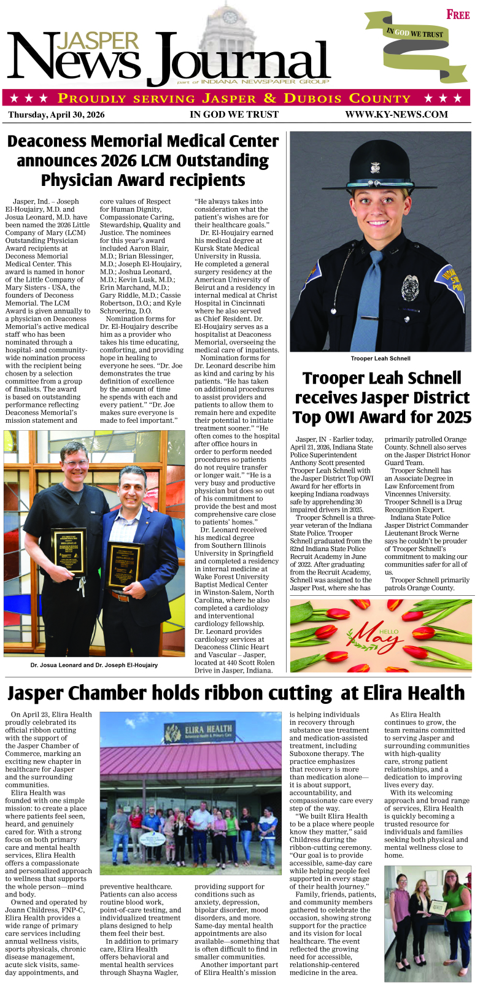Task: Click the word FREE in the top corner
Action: click(458, 15)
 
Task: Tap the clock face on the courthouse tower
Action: click(231, 17)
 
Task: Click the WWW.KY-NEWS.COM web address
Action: click(396, 114)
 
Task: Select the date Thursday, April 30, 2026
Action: click(56, 115)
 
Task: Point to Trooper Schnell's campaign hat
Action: click(381, 169)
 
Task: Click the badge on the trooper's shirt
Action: click(410, 288)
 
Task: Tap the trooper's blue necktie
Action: click(375, 288)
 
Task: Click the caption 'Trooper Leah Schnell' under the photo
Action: click(381, 358)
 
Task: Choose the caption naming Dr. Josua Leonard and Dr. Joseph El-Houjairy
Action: click(94, 665)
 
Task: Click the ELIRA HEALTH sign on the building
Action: click(198, 731)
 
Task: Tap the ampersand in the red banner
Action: click(270, 98)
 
